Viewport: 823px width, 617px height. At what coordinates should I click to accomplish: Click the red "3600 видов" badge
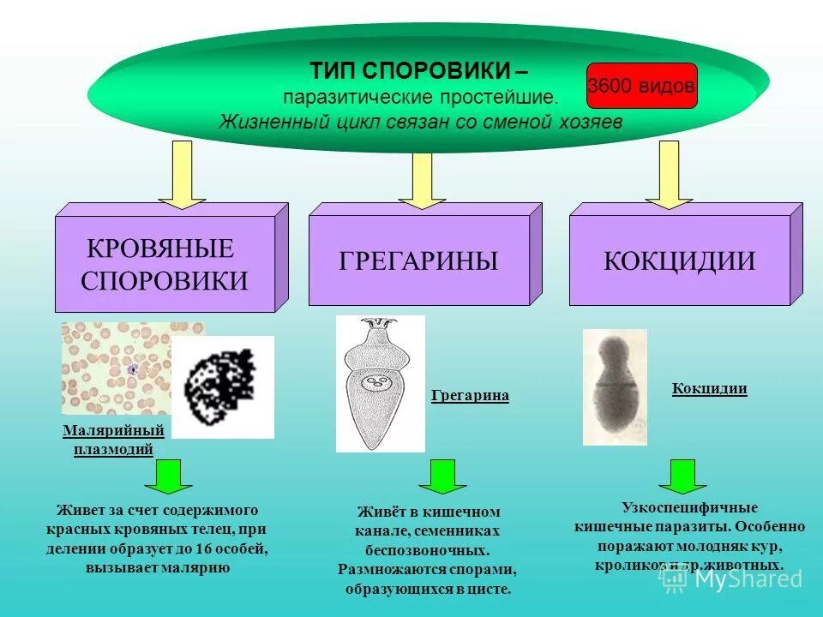[642, 86]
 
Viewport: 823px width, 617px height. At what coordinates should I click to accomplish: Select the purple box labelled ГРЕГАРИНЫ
[418, 261]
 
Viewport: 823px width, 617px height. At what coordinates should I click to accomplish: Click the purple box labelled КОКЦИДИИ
[679, 261]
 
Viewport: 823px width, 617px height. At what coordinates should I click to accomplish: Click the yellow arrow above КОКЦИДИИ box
[669, 175]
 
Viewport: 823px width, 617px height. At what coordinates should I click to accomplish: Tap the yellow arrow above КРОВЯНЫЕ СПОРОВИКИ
[182, 174]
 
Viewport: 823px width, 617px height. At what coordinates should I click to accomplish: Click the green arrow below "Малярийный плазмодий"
[168, 476]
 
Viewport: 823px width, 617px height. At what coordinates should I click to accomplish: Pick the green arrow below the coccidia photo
[682, 476]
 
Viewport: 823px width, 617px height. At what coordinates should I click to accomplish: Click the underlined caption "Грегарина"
[470, 396]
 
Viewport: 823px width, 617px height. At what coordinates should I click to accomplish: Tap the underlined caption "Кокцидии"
[709, 389]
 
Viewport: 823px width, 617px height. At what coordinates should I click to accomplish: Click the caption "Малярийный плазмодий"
[113, 440]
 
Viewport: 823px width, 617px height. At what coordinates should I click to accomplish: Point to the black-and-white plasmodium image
[223, 386]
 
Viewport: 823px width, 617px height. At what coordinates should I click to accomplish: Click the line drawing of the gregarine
[380, 383]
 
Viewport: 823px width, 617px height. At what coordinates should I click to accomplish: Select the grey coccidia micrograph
[615, 386]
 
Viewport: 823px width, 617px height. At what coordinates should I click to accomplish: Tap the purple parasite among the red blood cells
[132, 369]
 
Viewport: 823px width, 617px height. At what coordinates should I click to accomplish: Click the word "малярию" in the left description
[199, 567]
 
